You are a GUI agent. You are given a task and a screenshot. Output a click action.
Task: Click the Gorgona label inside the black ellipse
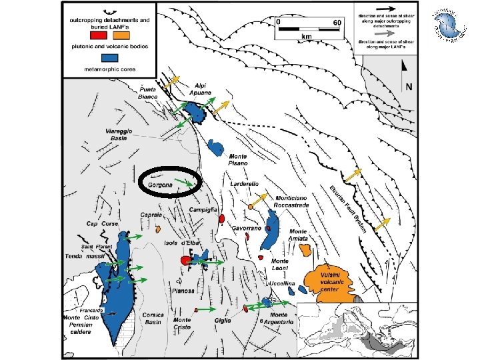tap(161, 183)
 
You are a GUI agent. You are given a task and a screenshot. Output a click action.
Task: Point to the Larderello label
tap(245, 183)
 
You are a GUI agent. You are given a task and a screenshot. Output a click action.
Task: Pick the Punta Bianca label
tap(147, 93)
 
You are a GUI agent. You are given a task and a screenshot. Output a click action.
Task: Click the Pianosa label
tap(181, 291)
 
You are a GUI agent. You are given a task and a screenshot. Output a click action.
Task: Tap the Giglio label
tap(223, 321)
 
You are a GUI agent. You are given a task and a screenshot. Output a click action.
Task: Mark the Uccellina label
tap(282, 284)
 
